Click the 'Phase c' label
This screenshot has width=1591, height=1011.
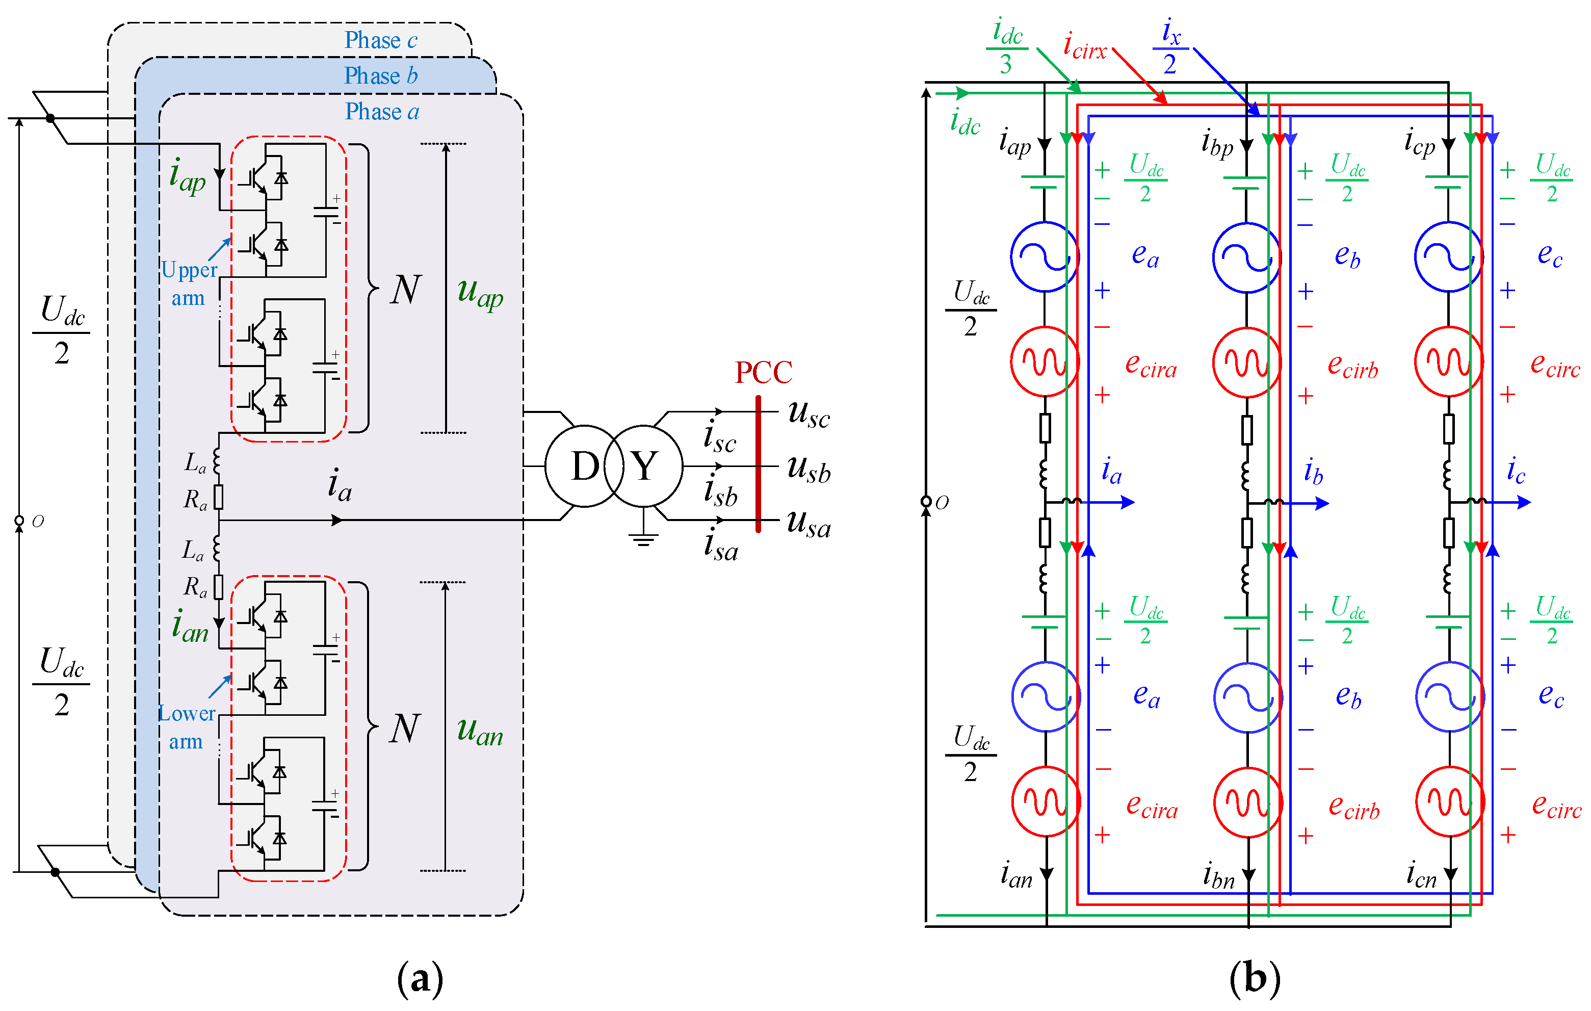point(381,41)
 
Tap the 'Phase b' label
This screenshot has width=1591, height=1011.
point(381,76)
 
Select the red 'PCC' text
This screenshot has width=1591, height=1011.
point(763,373)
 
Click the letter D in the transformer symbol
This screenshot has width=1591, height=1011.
point(585,466)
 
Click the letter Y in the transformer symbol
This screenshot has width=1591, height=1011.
point(644,466)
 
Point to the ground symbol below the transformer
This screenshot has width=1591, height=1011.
point(643,538)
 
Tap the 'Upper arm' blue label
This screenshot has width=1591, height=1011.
point(189,283)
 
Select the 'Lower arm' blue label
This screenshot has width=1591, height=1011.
point(187,727)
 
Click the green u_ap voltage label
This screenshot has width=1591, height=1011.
point(480,293)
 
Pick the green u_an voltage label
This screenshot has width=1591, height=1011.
point(480,732)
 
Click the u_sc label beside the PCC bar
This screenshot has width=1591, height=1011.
point(808,414)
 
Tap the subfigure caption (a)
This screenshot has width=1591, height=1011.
point(420,978)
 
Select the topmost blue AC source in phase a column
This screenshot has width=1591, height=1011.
point(1044,257)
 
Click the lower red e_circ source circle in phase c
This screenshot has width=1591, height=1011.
point(1450,801)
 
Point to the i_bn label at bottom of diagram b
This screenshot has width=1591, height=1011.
point(1218,876)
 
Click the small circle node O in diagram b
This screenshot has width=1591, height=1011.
point(926,502)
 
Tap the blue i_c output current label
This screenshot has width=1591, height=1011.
point(1516,471)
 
